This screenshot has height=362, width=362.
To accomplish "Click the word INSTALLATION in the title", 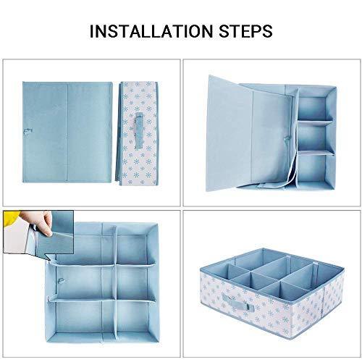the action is point(151,31).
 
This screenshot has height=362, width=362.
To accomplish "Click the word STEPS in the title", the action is point(245,31).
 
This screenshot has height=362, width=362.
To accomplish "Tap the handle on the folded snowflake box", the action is point(139,130).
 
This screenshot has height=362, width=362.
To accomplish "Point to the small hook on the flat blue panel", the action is point(28,131).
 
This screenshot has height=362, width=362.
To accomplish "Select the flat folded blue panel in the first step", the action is point(67,132).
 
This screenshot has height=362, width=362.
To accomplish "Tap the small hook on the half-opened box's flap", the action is point(287,139).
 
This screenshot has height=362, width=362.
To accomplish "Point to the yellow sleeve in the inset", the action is point(11,218).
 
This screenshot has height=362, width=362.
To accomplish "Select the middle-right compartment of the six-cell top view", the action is point(132,282).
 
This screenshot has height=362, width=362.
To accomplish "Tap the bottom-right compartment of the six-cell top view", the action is point(133,316).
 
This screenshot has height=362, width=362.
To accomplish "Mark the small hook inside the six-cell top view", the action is point(61,281).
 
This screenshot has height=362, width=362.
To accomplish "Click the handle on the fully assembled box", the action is point(238,303).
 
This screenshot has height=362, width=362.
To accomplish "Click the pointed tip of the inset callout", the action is point(50,261).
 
